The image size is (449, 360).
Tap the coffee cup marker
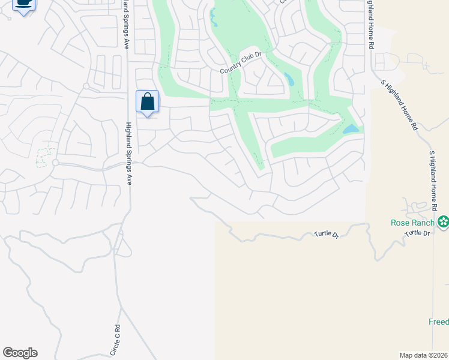point(23,4)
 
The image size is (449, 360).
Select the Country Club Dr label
point(242,63)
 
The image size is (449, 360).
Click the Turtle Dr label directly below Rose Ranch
point(418,233)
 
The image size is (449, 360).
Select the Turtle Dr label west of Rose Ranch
point(327,235)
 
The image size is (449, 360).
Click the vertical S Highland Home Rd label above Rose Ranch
point(431,180)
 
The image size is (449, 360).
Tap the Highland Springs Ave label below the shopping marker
point(128,154)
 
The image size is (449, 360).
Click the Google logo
point(20,353)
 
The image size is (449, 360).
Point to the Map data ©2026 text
point(423,355)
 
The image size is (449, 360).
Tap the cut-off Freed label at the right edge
point(438,322)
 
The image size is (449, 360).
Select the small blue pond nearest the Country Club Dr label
point(289,79)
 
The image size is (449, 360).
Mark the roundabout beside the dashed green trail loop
point(55,163)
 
